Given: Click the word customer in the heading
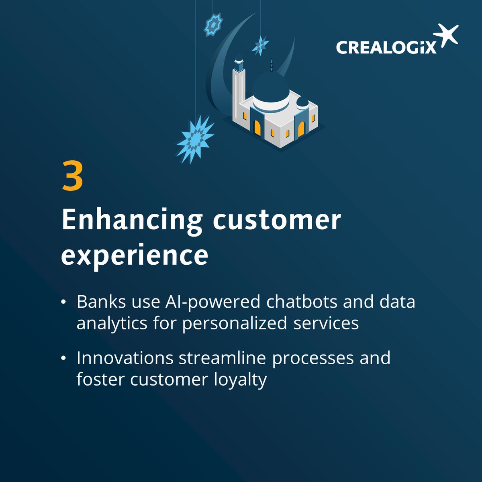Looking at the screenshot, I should click(x=277, y=221).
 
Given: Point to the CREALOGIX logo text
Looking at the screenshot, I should click(x=386, y=47).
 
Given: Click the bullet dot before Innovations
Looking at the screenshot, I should click(x=64, y=358).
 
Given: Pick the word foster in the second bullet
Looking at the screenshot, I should click(x=100, y=379).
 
